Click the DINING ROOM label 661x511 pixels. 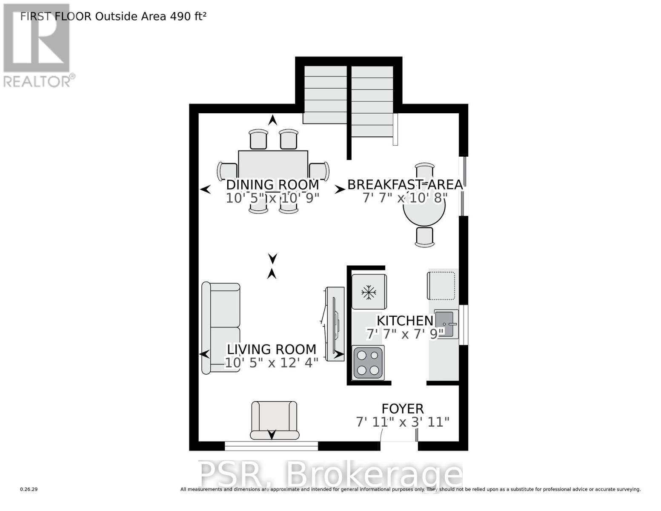[272, 185]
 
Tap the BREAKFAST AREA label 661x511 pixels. [405, 185]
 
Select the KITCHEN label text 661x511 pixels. [405, 321]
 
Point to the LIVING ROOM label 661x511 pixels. [272, 349]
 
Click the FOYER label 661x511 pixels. [403, 409]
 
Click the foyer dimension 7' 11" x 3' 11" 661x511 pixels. [403, 422]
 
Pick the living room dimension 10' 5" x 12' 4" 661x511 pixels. [272, 363]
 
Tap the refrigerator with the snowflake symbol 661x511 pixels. [369, 292]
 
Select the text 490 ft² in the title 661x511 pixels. [188, 17]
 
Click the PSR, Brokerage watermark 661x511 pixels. [330, 474]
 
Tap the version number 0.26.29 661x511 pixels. [29, 489]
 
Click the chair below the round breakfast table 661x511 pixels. [424, 237]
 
